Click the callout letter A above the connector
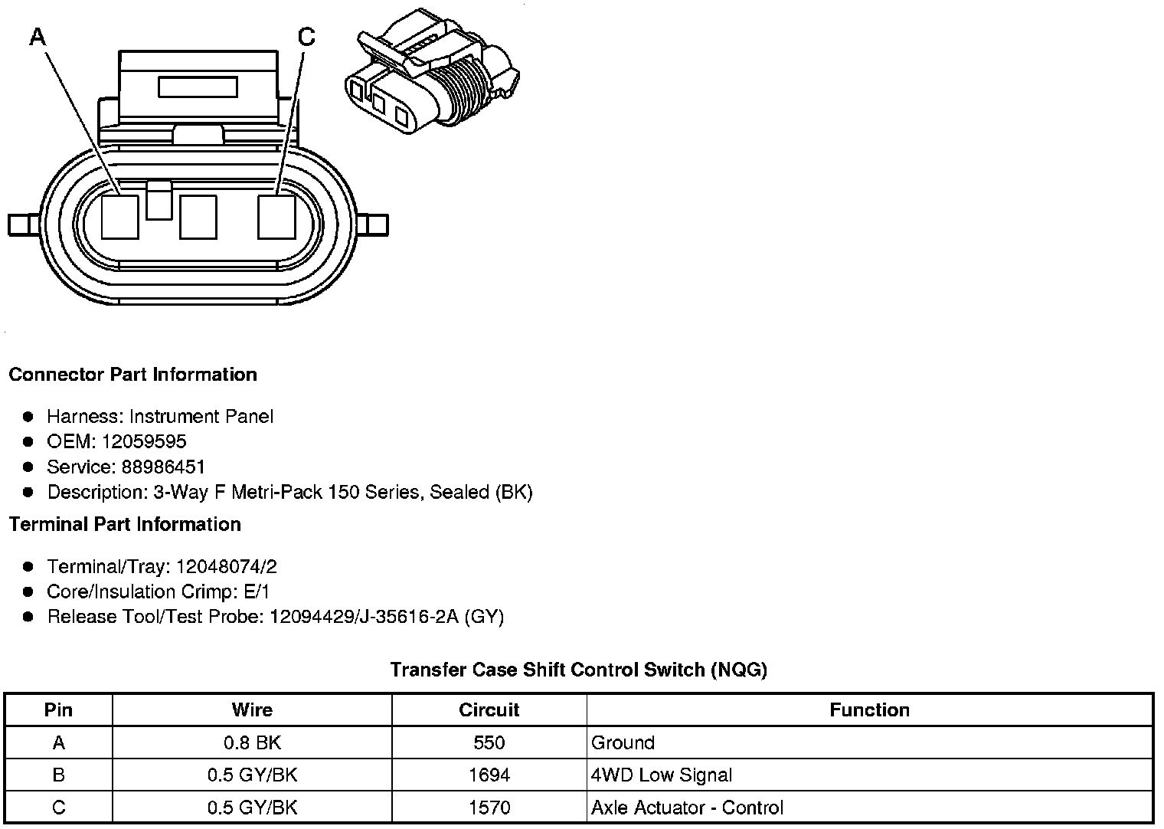tap(38, 35)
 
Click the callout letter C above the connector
tap(306, 36)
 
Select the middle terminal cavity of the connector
tap(198, 217)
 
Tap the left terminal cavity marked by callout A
tap(120, 217)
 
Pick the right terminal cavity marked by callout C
tap(276, 217)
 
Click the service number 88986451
tap(163, 467)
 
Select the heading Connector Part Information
tap(132, 375)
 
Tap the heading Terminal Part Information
tap(125, 524)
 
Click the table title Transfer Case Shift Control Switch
tap(578, 670)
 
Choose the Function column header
tap(869, 710)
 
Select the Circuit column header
tap(489, 710)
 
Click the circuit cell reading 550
tap(489, 742)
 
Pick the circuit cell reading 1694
tap(489, 775)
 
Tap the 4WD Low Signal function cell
tap(662, 775)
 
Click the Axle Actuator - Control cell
tap(687, 808)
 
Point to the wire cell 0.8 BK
tap(252, 742)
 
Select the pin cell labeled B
tap(58, 775)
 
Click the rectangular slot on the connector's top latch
tap(198, 87)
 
